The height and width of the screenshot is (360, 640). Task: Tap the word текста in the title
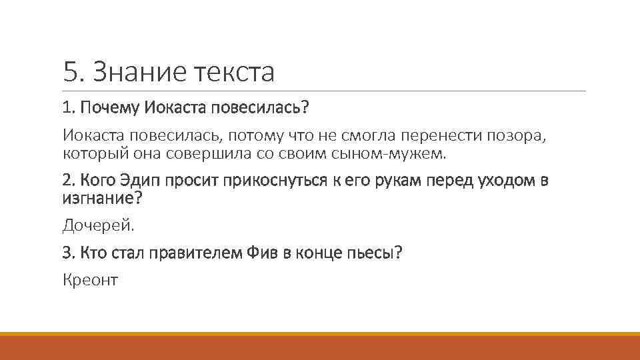coord(233,72)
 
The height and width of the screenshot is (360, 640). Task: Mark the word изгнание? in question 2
coord(103,198)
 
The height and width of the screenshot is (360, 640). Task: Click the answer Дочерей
coord(98,226)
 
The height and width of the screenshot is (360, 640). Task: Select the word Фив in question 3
coord(269,253)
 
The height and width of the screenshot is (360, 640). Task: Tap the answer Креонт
coord(90,281)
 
